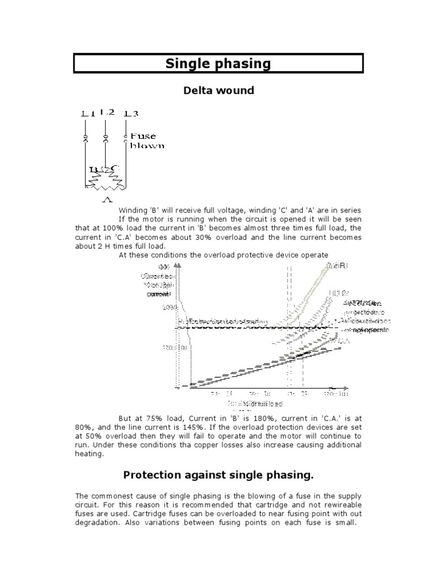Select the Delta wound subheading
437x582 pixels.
pos(218,90)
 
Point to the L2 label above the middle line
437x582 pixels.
pos(106,113)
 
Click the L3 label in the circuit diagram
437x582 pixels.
pos(131,114)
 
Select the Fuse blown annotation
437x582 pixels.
pos(147,140)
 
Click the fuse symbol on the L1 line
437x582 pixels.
pos(85,139)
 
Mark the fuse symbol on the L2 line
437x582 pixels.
pos(105,138)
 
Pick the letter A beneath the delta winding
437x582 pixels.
pos(106,199)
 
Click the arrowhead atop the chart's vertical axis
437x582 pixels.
pos(178,264)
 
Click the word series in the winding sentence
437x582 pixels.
pos(348,210)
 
